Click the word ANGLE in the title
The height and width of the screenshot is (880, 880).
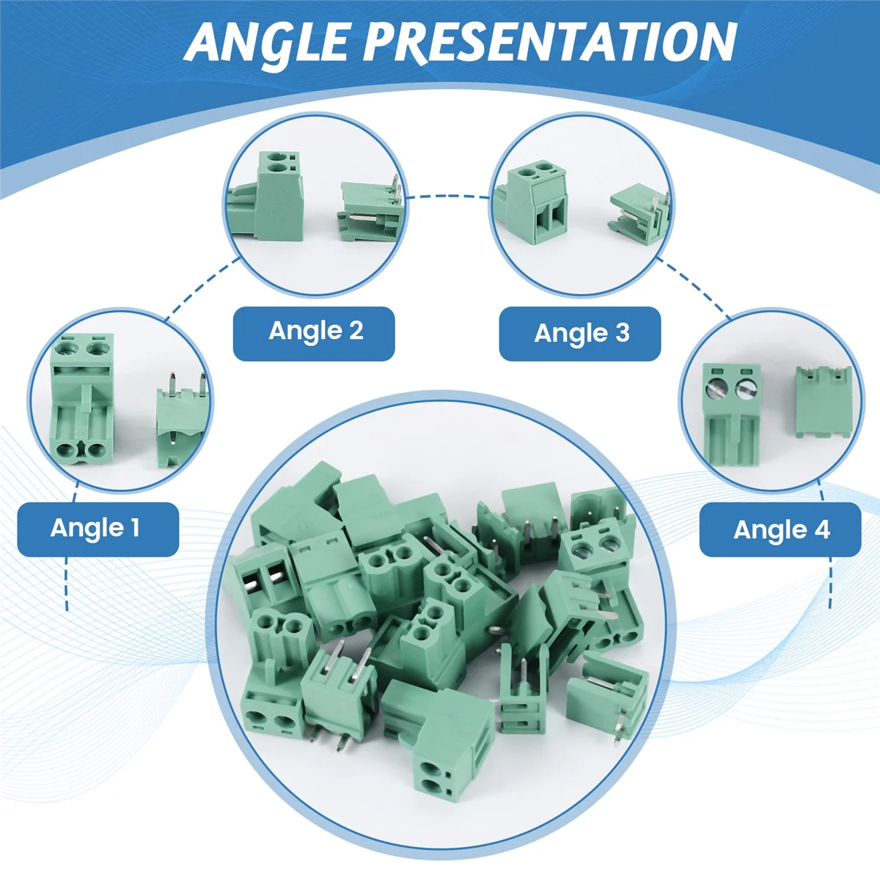(268, 42)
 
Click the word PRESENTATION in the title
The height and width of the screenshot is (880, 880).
(550, 42)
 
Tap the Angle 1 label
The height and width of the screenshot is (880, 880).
(96, 528)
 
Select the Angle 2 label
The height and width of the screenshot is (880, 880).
(315, 331)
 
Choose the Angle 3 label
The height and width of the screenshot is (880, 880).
(581, 334)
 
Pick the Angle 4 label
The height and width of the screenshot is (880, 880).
(780, 529)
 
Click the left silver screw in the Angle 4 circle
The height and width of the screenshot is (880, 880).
(715, 389)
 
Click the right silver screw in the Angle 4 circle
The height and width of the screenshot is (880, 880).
(747, 389)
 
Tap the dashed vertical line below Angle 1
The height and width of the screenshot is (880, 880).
(67, 583)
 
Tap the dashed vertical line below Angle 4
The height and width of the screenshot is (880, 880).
(831, 583)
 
